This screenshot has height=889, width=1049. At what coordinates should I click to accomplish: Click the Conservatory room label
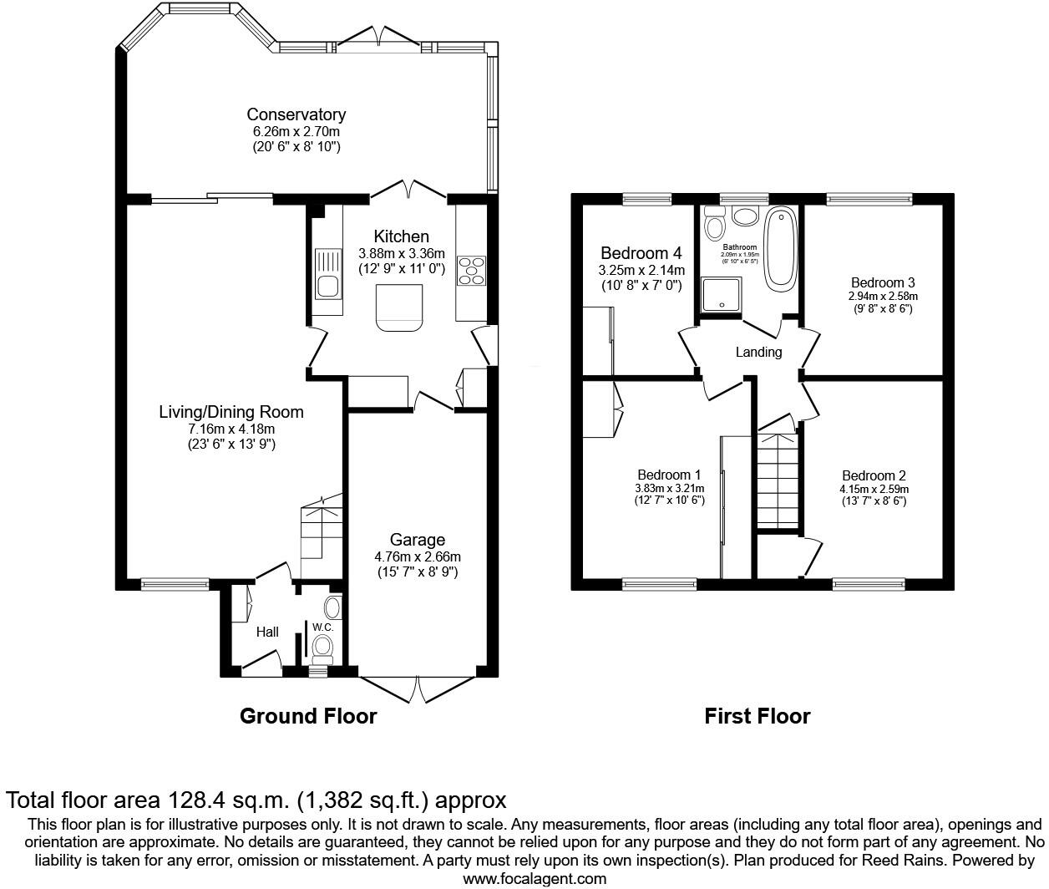click(296, 114)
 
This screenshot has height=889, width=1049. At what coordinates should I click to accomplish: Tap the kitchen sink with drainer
click(327, 274)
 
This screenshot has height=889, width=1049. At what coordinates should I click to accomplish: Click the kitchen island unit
click(399, 306)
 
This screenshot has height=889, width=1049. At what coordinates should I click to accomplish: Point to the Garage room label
click(417, 540)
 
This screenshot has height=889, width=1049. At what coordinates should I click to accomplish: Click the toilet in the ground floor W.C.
click(322, 644)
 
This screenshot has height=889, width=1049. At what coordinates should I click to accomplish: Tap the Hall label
click(267, 632)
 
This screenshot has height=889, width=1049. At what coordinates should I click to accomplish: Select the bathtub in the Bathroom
click(780, 249)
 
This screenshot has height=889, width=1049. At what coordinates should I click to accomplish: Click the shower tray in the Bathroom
click(721, 296)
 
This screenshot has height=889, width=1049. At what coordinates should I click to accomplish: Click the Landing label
click(758, 352)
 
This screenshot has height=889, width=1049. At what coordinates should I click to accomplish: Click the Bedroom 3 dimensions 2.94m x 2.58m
click(883, 296)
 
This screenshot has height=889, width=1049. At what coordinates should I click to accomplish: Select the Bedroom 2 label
click(874, 476)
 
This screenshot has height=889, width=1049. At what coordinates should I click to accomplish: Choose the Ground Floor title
click(308, 716)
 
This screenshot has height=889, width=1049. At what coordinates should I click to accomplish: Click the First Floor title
click(757, 716)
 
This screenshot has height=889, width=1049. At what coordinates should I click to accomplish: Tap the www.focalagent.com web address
click(535, 878)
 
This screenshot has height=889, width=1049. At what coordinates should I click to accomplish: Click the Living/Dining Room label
click(231, 412)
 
